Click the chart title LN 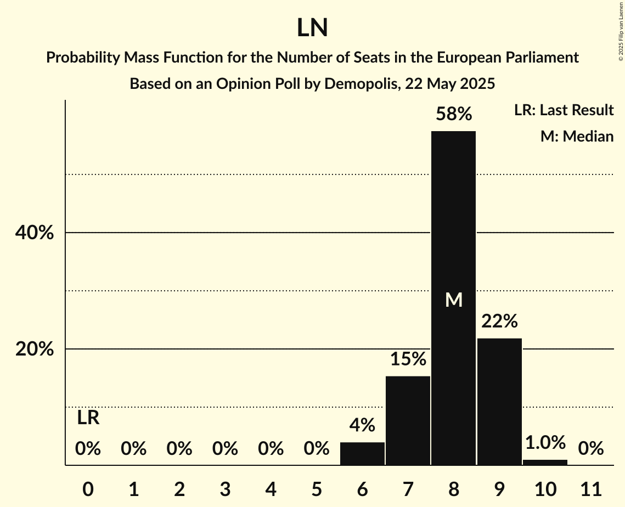(312, 28)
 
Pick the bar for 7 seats (408, 420)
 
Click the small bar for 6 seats (362, 454)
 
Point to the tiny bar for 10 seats (545, 463)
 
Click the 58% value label (453, 114)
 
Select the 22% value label (499, 322)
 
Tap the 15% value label (408, 359)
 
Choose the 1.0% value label (545, 442)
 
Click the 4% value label (362, 425)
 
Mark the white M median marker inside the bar (453, 300)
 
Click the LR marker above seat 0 (88, 418)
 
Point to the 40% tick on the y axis (34, 233)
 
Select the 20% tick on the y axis (34, 349)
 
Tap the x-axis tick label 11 (590, 489)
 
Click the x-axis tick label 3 (225, 489)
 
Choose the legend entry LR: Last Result (564, 110)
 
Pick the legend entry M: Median (577, 136)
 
